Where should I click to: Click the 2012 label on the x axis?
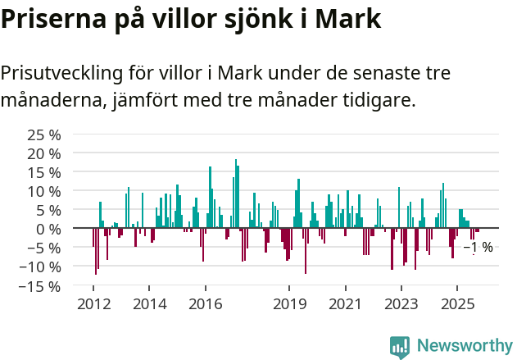click(93, 304)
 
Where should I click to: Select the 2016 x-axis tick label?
click(205, 304)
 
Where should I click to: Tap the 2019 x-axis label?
click(288, 304)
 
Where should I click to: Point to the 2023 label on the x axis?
click(401, 304)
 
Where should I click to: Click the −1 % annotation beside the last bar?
click(478, 248)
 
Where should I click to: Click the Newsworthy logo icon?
click(399, 346)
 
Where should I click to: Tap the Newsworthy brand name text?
click(464, 346)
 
